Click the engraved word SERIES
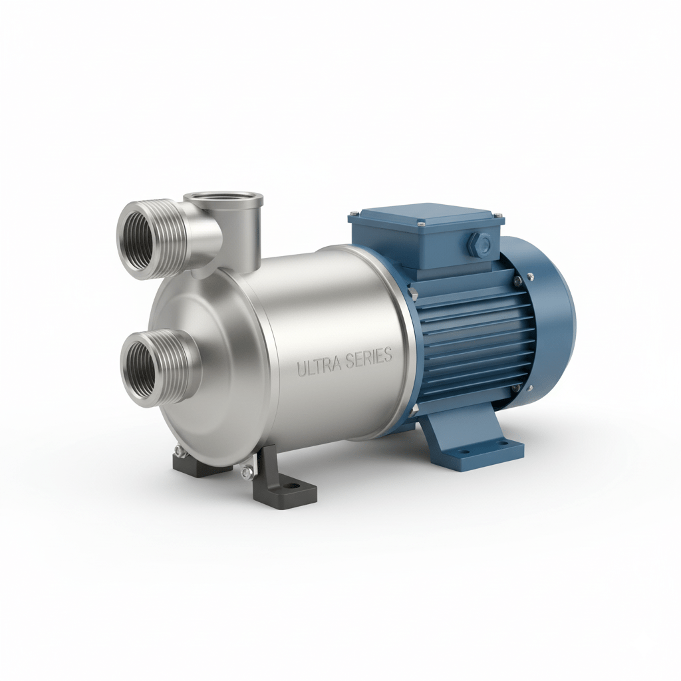point(369,358)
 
